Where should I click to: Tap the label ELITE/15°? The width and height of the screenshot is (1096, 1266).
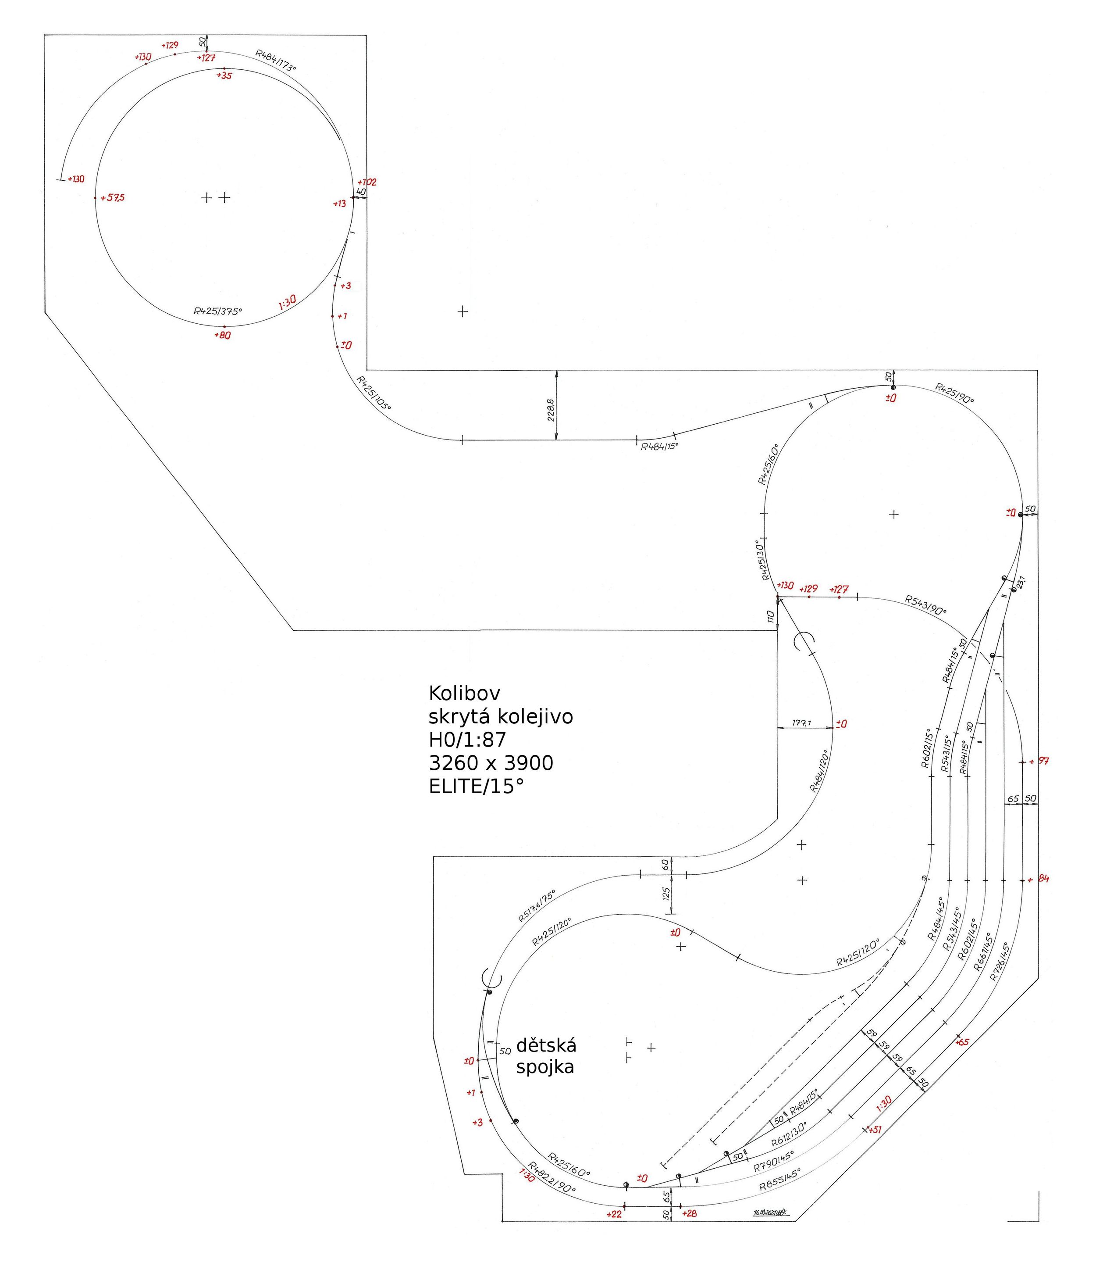(x=477, y=786)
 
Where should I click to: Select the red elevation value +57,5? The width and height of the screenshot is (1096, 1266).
(x=113, y=198)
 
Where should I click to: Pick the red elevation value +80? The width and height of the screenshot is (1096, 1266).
(x=223, y=336)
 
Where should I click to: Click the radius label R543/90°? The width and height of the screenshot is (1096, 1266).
(x=925, y=604)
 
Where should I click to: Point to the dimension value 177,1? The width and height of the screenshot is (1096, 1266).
(x=801, y=723)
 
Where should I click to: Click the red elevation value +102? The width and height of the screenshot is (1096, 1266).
(x=367, y=182)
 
